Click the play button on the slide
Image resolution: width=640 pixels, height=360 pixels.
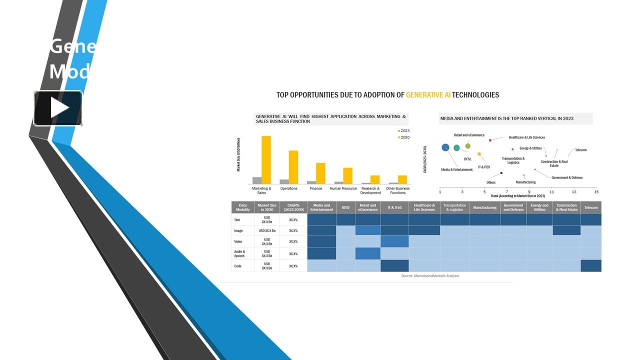pos(58,108)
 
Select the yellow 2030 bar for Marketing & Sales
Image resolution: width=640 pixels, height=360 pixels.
pos(266,160)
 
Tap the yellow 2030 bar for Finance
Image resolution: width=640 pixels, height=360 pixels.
pos(320,173)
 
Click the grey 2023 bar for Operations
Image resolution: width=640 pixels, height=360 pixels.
pos(284,181)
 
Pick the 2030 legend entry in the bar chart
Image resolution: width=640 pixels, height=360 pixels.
pos(403,137)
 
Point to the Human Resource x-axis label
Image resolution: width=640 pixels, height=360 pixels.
pos(343,188)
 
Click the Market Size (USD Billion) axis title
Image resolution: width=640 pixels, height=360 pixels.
pos(238,154)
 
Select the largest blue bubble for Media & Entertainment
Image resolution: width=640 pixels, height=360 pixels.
pos(445,147)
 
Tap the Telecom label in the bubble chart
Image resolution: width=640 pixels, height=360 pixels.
pos(580,150)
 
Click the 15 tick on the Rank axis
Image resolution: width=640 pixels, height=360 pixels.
pos(596,191)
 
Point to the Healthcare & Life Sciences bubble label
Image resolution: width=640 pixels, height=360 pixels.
pos(526,137)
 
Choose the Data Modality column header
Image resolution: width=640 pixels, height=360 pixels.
pos(243,207)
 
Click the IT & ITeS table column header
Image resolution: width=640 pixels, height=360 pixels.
pos(394,207)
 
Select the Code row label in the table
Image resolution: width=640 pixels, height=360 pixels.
pos(238,266)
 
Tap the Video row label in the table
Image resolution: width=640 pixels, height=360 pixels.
pos(238,241)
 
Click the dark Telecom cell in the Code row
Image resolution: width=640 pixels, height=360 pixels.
pos(590,266)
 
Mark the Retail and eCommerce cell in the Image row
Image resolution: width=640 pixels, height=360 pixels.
pos(367,230)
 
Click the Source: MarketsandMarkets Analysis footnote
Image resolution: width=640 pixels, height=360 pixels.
pos(429,276)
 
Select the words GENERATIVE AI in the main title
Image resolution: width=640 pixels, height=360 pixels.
pos(428,95)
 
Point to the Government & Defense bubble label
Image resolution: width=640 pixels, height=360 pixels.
pos(566,177)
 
